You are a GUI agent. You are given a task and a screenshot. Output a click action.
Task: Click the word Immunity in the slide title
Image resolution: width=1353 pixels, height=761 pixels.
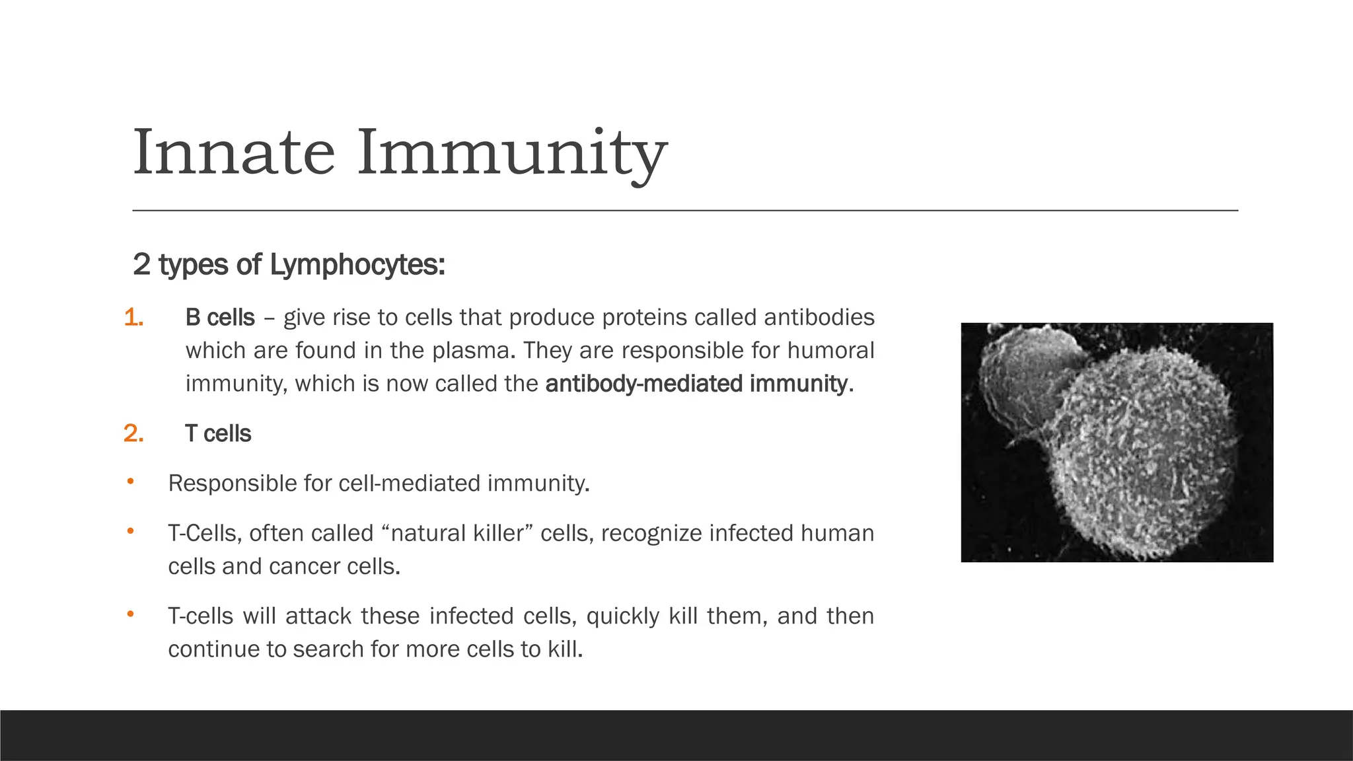click(512, 153)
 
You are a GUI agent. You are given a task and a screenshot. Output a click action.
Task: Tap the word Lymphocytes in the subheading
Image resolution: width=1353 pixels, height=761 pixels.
click(357, 265)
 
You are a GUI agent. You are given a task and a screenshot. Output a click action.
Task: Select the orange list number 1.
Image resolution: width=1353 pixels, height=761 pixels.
click(133, 318)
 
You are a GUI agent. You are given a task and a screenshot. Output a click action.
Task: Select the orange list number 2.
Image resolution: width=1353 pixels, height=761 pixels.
click(133, 434)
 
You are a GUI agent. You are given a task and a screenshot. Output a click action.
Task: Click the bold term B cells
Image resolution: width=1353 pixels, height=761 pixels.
click(220, 318)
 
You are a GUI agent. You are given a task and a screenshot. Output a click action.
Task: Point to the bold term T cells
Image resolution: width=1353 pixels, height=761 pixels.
click(218, 434)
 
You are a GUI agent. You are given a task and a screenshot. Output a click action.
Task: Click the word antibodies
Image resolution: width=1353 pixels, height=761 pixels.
click(819, 318)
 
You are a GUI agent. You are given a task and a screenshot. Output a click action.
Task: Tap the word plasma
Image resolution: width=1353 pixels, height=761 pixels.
click(473, 351)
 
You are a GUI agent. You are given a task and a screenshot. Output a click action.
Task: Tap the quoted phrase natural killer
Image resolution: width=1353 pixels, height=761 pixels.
click(457, 533)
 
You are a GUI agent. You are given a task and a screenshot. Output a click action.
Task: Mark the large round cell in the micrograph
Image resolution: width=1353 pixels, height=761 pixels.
click(1143, 456)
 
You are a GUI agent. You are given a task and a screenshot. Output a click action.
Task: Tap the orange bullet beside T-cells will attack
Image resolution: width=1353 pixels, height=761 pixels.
click(131, 615)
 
